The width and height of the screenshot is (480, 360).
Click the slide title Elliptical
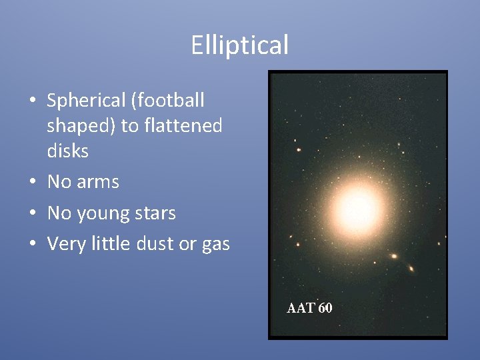(x=239, y=45)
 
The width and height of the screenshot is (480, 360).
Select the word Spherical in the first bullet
(x=86, y=101)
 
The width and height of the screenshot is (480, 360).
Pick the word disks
(x=67, y=151)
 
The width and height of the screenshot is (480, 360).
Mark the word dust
(x=155, y=244)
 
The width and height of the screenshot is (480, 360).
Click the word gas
(x=215, y=245)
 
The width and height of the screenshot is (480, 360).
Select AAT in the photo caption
(x=301, y=308)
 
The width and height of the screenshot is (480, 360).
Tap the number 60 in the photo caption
(x=325, y=308)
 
